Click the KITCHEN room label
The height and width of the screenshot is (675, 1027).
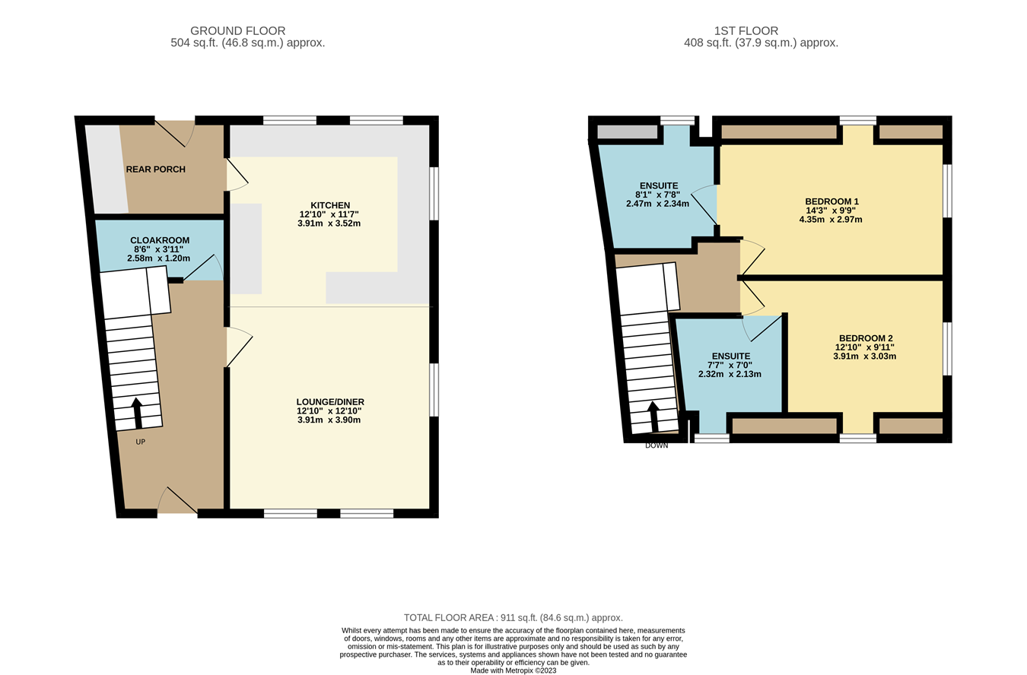[x=330, y=205]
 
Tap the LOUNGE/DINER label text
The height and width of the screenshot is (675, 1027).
[x=330, y=401]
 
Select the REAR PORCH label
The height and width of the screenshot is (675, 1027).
[x=155, y=170]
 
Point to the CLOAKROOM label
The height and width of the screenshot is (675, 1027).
[x=160, y=240]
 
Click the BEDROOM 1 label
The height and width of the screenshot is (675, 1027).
[x=831, y=201]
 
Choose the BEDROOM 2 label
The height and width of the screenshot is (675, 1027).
[x=866, y=338]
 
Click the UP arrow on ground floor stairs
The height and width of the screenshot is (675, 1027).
[x=138, y=413]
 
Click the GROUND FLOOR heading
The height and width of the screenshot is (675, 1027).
[x=237, y=30]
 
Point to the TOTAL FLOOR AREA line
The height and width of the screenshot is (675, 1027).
[x=513, y=618]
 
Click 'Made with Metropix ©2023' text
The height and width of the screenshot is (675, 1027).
[x=513, y=670]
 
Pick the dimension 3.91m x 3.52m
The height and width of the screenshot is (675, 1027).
[x=329, y=223]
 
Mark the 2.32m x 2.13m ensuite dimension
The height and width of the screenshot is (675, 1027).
[x=730, y=374]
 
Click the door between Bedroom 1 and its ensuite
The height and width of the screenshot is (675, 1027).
[x=707, y=204]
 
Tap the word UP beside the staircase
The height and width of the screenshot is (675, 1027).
[x=141, y=442]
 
